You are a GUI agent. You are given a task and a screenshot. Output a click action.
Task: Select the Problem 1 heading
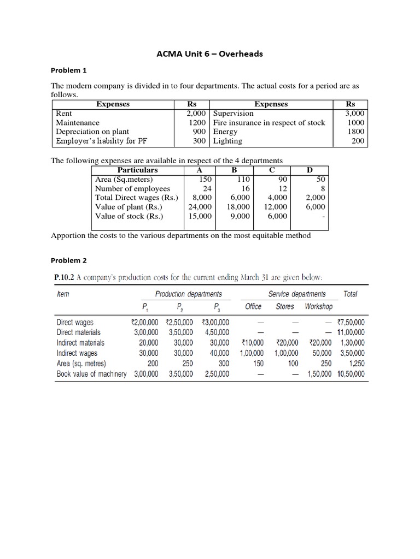tap(69, 70)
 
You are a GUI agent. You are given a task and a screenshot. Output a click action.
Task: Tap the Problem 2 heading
tap(69, 260)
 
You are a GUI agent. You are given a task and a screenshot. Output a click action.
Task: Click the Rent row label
tap(64, 114)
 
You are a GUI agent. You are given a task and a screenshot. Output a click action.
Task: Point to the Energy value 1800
tap(356, 132)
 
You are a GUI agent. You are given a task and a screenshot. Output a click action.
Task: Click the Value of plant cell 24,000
tap(200, 207)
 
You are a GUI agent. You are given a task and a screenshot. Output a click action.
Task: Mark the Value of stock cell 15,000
tap(200, 216)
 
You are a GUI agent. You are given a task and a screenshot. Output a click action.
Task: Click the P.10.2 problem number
tap(64, 277)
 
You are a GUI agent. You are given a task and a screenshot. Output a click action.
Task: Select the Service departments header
tap(297, 294)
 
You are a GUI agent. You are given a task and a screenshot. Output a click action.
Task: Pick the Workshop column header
tap(318, 307)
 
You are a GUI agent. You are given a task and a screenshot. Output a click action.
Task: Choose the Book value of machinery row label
tap(91, 374)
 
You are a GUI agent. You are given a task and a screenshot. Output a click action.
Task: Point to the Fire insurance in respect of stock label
tap(269, 123)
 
